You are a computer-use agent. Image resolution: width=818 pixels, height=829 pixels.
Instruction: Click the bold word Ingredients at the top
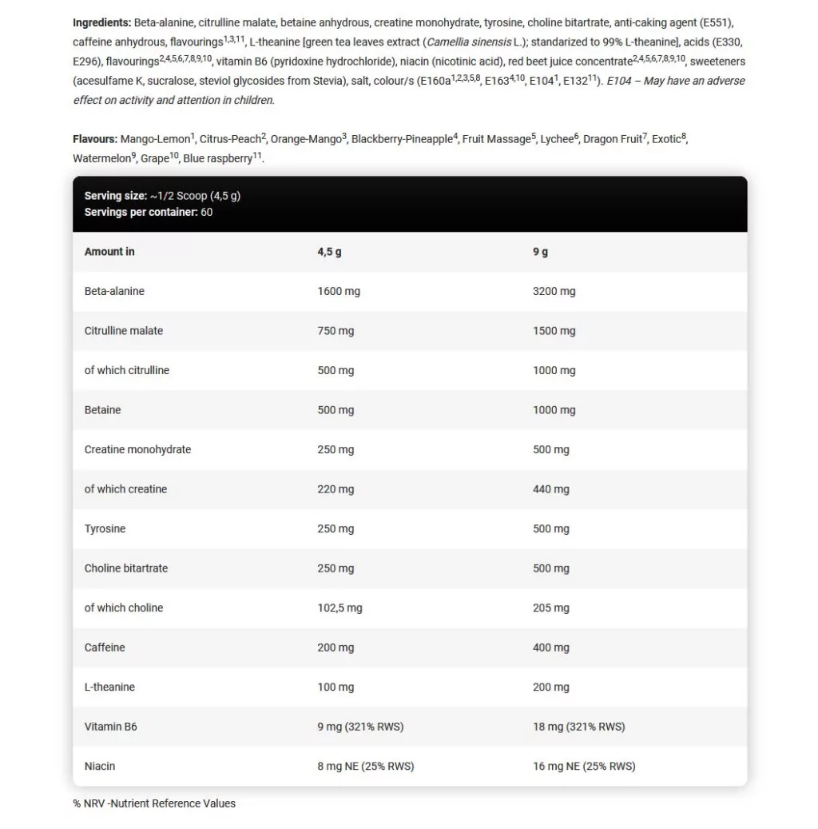point(101,22)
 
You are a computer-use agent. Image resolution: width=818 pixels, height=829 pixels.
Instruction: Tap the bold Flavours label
point(95,139)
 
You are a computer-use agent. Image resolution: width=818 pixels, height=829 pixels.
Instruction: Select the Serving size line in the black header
point(162,196)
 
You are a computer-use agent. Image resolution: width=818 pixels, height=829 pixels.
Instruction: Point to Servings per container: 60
point(149,212)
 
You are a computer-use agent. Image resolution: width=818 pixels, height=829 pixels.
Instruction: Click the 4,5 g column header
point(329,252)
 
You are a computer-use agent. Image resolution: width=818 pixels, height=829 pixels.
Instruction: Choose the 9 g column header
point(540,252)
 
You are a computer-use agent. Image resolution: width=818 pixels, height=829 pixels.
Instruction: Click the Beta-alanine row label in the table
point(114,291)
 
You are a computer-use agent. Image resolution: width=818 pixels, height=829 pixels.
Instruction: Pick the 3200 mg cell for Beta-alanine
point(554,291)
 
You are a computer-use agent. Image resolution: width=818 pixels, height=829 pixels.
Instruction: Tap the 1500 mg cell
point(554,331)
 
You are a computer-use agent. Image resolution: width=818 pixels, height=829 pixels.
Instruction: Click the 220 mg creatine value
point(336,489)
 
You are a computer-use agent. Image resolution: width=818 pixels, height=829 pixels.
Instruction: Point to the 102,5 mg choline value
point(340,608)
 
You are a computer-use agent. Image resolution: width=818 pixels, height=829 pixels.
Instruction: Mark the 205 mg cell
point(551,608)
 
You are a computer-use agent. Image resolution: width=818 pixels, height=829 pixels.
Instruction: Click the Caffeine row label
point(105,648)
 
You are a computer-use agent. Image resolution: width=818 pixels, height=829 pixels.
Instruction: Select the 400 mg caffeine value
point(551,648)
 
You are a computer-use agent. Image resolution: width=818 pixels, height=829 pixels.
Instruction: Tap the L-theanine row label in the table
point(109,687)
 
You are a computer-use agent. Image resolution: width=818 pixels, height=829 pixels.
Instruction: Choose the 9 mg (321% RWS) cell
point(360,727)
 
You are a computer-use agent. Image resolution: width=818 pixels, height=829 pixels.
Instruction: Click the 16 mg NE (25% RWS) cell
point(584,766)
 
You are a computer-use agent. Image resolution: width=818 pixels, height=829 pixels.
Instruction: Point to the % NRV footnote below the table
point(154,803)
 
